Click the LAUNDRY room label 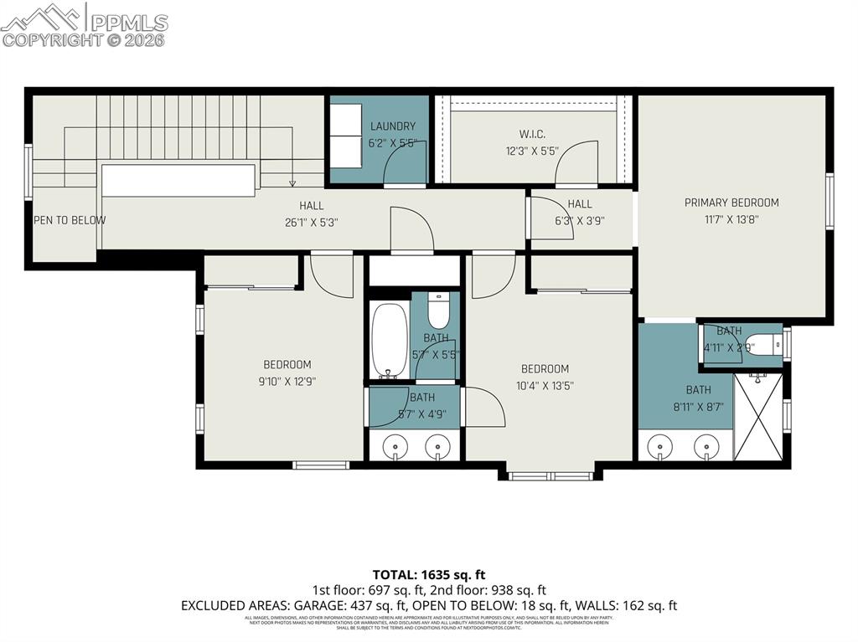pos(392,126)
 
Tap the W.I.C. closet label pos(532,133)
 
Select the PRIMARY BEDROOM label pos(731,203)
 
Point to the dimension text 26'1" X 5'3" pos(312,223)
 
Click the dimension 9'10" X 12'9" pos(287,381)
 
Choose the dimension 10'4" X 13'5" pos(545,386)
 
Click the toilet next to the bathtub pos(438,311)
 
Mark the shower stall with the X pos(757,416)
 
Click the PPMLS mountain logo pos(42,17)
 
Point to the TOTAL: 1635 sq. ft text pos(428,575)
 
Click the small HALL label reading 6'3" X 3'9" pos(579,221)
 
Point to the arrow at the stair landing pos(292,182)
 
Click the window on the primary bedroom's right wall pos(830,201)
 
